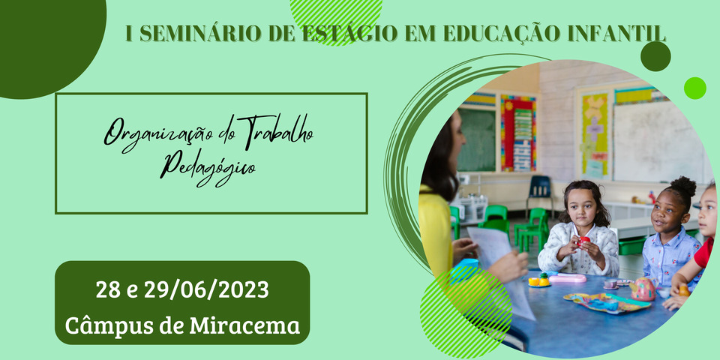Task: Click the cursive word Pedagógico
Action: click(x=208, y=169)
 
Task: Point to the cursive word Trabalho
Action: click(x=275, y=130)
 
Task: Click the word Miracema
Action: click(x=245, y=325)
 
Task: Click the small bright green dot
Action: click(x=694, y=88)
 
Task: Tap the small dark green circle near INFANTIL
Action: click(x=655, y=56)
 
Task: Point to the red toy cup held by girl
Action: click(x=583, y=241)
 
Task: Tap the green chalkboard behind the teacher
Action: click(x=476, y=139)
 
